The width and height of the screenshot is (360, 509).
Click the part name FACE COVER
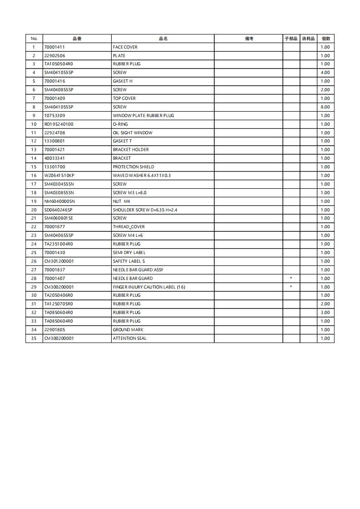[125, 47]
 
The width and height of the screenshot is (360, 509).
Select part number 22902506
[54, 56]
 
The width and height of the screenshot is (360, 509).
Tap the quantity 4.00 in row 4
[325, 73]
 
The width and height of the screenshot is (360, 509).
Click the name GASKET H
[123, 81]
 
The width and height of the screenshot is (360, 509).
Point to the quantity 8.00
[325, 107]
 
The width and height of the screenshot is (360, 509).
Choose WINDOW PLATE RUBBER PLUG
[143, 116]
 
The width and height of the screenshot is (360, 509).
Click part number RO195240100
[59, 124]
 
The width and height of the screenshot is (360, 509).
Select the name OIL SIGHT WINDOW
[133, 133]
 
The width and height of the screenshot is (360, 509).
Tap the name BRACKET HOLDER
[131, 150]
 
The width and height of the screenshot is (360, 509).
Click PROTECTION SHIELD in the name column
[133, 167]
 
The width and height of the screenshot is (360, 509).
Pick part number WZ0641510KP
[59, 176]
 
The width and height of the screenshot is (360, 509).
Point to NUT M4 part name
[121, 201]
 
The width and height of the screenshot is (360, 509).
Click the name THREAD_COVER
[128, 227]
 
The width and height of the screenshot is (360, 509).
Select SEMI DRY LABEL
[129, 253]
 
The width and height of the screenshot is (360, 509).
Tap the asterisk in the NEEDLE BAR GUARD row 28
[291, 279]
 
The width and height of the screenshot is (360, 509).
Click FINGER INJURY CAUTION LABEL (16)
[149, 287]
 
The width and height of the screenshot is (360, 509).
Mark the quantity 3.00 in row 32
[325, 313]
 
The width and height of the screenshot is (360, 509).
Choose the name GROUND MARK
[128, 330]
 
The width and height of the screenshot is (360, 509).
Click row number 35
[34, 338]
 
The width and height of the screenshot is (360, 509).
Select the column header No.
[34, 39]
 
